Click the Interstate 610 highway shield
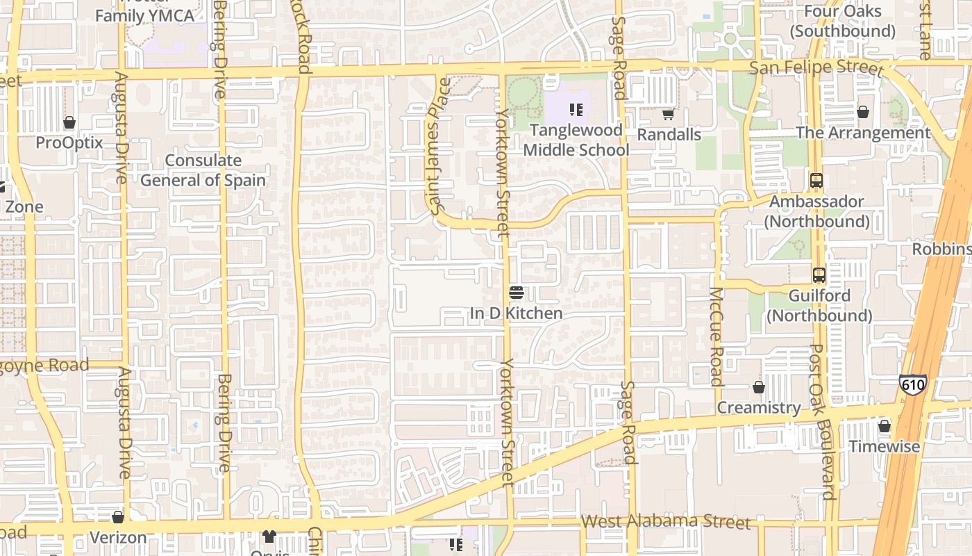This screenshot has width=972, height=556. point(912,384)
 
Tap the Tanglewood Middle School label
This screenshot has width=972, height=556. point(576,140)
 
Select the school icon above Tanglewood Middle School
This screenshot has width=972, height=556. point(575,109)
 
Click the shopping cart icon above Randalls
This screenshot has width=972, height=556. point(668,114)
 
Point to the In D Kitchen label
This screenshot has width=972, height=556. point(516,313)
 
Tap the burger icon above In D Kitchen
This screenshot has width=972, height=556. point(515,292)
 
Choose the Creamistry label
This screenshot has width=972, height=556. point(759,407)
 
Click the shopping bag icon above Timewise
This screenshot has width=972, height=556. point(884,425)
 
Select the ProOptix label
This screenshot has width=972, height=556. point(69,142)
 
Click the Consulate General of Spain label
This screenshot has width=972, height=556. point(203,170)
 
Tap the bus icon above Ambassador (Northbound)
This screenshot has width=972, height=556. point(816,181)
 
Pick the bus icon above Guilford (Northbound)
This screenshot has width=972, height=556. point(819,275)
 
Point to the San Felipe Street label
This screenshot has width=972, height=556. point(816,68)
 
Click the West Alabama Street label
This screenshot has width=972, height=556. point(665,521)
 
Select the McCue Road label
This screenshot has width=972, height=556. point(717,336)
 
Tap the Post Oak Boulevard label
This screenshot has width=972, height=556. point(822,421)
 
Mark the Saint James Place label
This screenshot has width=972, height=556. point(440,146)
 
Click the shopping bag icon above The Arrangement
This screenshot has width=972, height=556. point(863,112)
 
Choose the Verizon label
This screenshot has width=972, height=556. point(118,537)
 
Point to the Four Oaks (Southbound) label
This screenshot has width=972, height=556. point(842,21)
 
